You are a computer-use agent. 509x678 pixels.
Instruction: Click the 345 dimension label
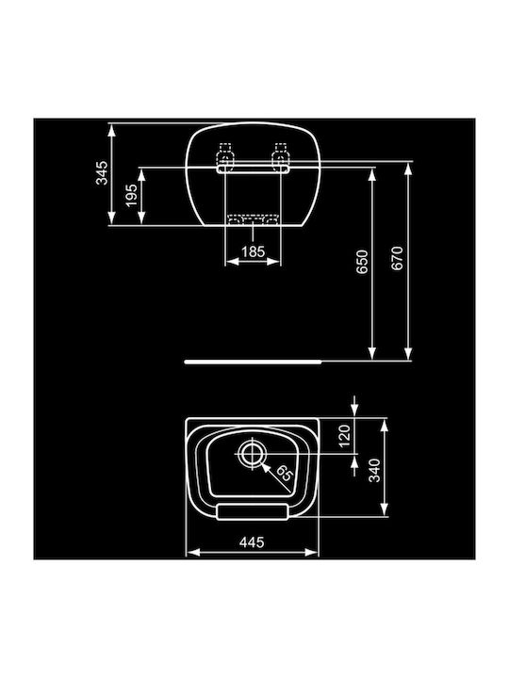point(104,173)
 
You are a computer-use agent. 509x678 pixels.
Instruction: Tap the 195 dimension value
point(132,196)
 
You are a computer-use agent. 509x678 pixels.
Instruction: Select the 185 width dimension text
point(252,252)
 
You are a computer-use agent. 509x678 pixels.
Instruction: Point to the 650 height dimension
point(362,262)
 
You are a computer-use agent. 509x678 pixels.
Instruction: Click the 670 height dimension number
point(397,261)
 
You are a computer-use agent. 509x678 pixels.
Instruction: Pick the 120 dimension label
point(344,436)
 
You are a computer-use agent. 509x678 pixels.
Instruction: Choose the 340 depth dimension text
point(374,469)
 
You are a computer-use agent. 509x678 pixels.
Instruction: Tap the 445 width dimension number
point(251,542)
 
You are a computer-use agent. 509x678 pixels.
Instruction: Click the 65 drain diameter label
point(286,473)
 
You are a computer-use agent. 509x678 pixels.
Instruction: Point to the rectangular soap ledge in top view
point(251,508)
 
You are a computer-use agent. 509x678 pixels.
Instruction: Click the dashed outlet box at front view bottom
point(252,220)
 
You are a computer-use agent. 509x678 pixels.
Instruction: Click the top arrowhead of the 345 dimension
point(112,127)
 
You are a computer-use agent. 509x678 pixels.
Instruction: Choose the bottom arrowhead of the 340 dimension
point(386,516)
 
